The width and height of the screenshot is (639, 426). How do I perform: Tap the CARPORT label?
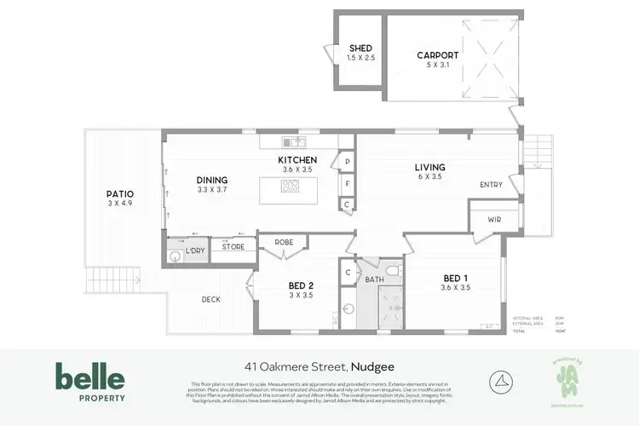click(x=437, y=56)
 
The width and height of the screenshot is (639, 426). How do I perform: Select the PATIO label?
click(x=120, y=194)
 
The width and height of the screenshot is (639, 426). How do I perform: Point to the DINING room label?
click(x=213, y=180)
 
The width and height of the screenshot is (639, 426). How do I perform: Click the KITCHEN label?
click(x=297, y=159)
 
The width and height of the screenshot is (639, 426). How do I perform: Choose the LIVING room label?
click(x=429, y=167)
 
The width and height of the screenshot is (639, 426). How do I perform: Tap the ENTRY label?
click(x=491, y=185)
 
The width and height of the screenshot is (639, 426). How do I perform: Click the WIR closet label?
click(x=495, y=220)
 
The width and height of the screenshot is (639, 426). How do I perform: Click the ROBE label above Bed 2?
click(x=284, y=243)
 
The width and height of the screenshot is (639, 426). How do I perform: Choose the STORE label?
click(x=233, y=247)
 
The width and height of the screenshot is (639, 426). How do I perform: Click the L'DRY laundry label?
click(x=195, y=250)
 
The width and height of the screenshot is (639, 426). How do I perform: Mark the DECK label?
click(x=211, y=299)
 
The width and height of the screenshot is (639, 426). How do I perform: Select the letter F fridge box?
click(x=348, y=182)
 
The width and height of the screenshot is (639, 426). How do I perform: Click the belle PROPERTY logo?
click(x=90, y=381)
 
